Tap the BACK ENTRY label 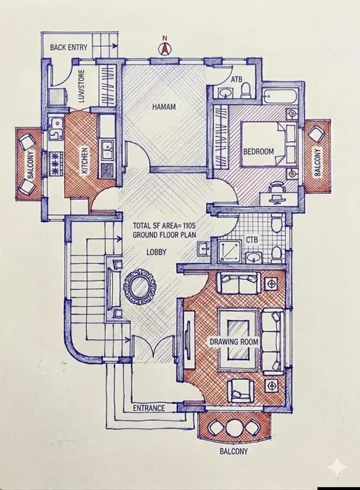[69, 47]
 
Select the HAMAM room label [164, 107]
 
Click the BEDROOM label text [258, 152]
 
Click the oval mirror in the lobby [139, 288]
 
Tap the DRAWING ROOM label [234, 342]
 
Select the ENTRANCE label [148, 408]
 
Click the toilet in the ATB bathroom [246, 90]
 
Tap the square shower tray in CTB [230, 252]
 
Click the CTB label [251, 240]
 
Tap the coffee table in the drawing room [237, 339]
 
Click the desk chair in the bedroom [277, 188]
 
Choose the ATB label [237, 80]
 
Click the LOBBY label [156, 252]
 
